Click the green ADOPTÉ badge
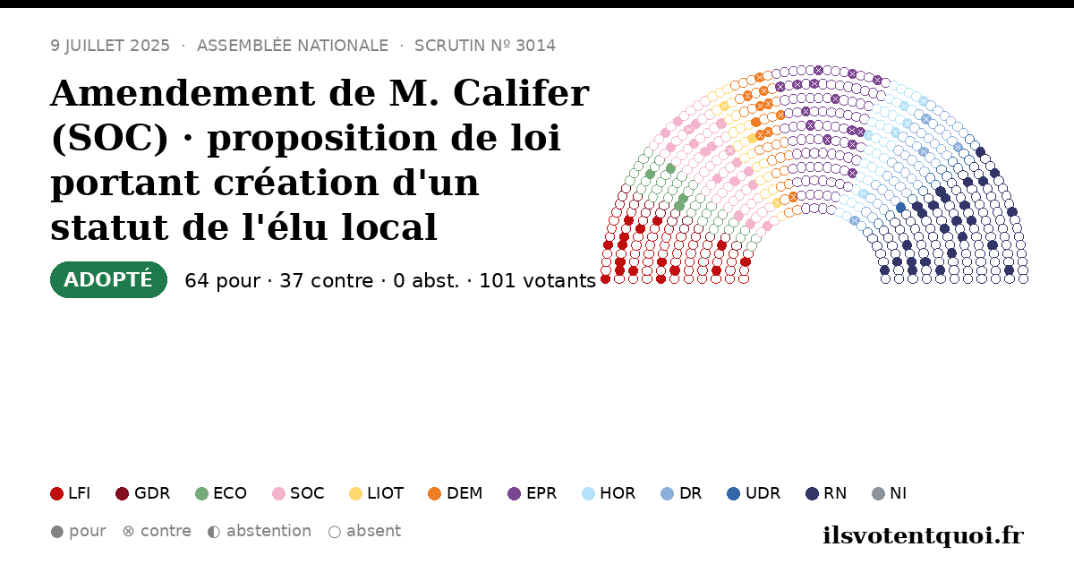(x=108, y=279)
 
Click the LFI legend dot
(x=56, y=493)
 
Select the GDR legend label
(x=152, y=493)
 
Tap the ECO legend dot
(x=202, y=493)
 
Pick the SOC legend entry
(x=298, y=493)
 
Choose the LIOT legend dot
(x=355, y=493)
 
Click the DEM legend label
(x=465, y=493)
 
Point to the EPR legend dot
(x=514, y=493)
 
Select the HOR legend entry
(x=609, y=493)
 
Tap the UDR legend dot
(x=733, y=493)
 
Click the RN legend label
(x=835, y=493)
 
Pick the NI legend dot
(x=878, y=493)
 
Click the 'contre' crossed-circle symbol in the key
(x=128, y=532)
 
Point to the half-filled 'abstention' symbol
(x=214, y=532)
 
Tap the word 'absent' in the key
(x=373, y=531)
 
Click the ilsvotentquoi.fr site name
(x=923, y=535)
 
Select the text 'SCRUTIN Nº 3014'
(x=485, y=46)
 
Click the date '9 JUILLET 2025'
(x=110, y=46)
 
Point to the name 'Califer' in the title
(x=521, y=93)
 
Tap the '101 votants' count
(x=538, y=280)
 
